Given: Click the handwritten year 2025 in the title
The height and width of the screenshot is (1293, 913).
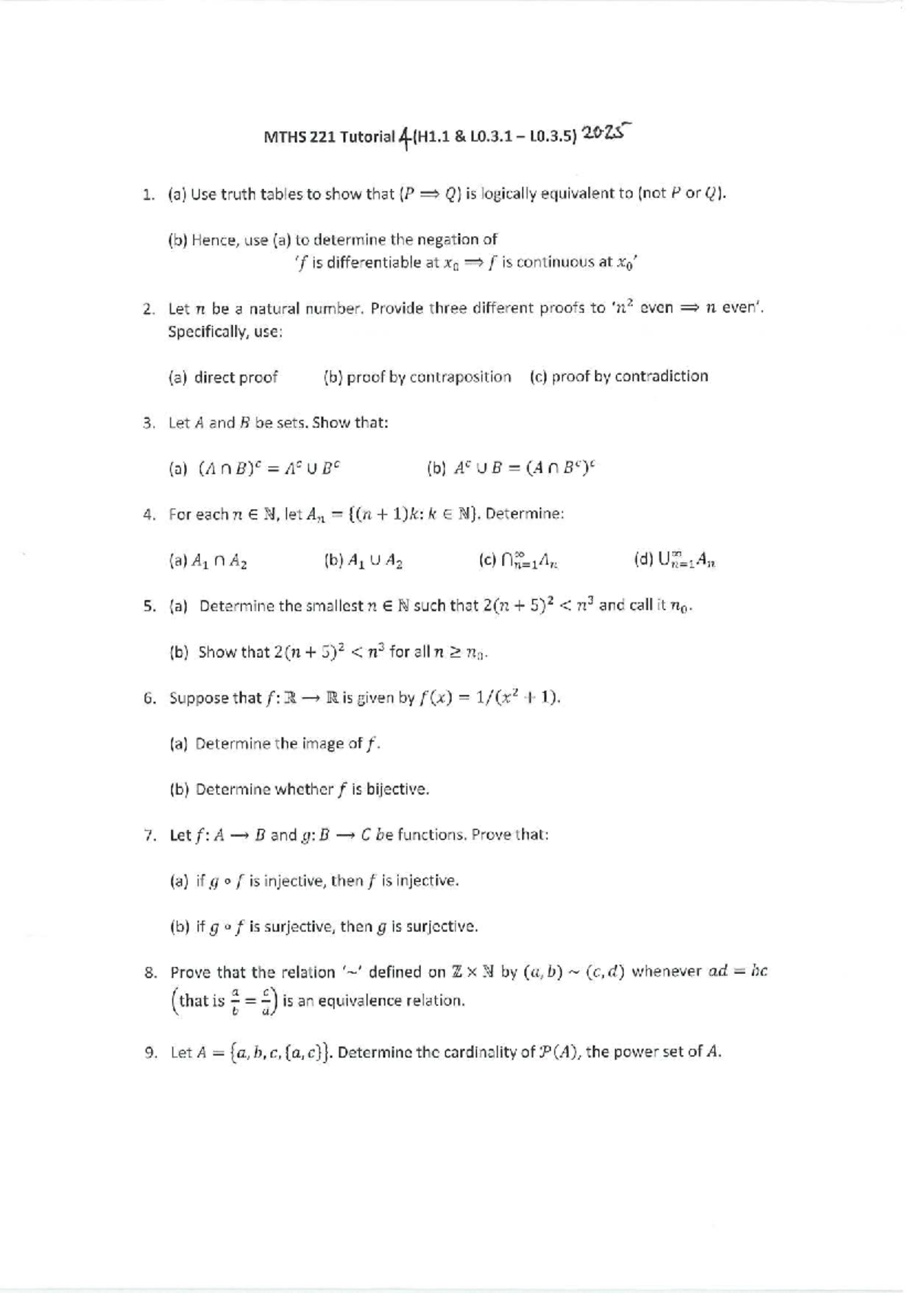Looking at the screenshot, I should [x=606, y=132].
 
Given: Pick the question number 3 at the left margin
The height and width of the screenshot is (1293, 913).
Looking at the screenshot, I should [x=148, y=423].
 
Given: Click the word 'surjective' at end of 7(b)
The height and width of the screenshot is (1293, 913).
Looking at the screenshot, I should [x=443, y=927].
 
